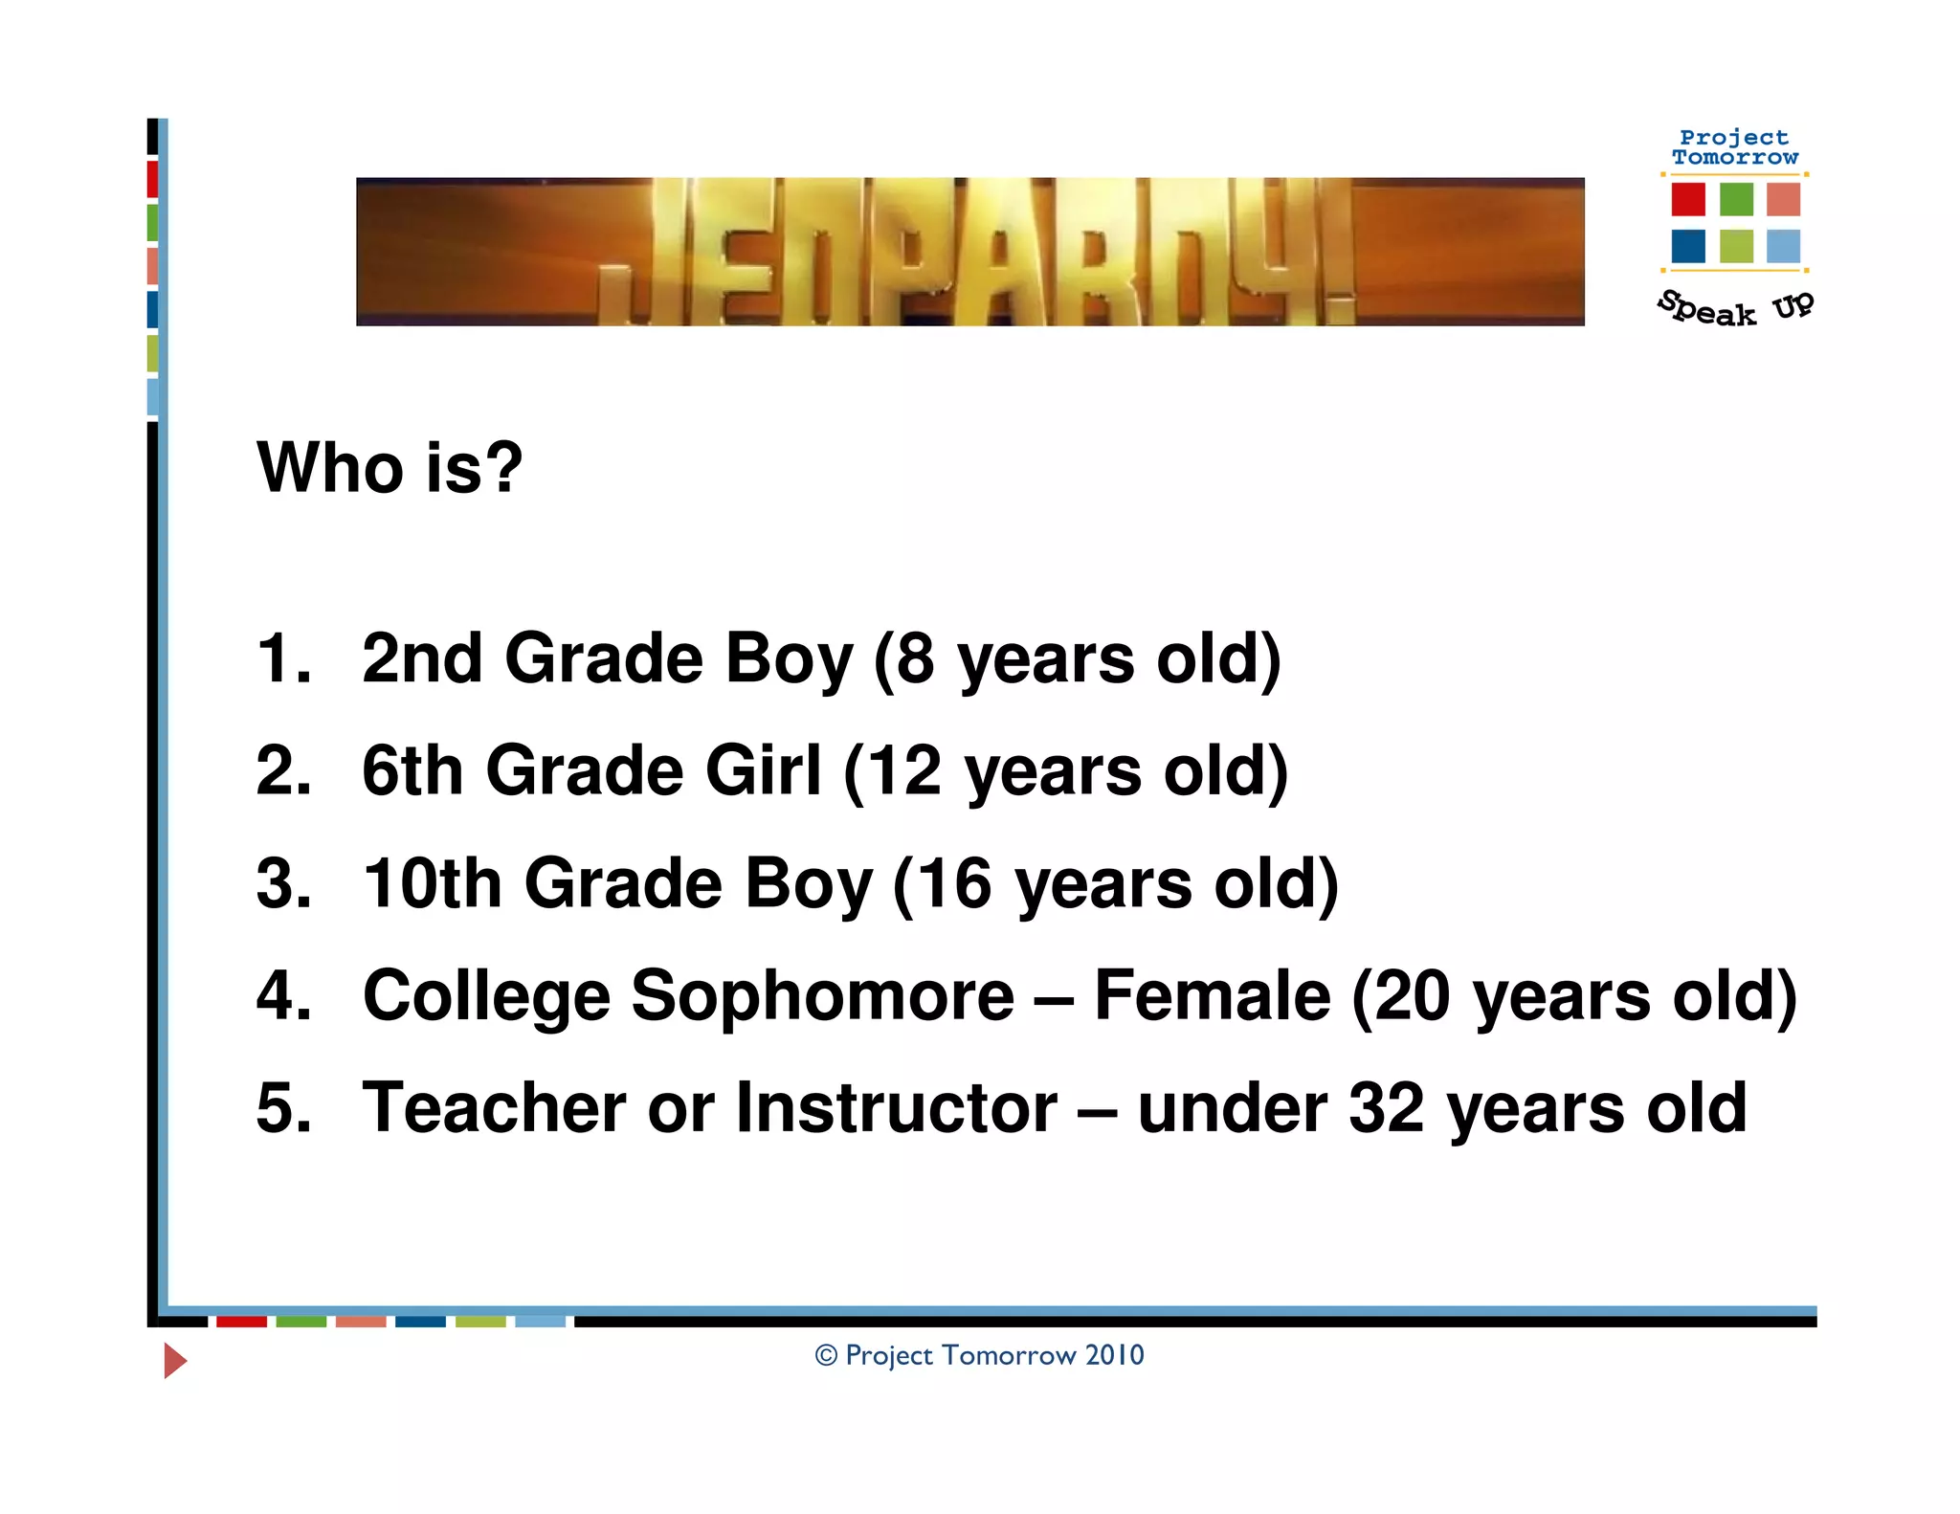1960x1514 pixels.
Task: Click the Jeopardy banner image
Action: click(969, 252)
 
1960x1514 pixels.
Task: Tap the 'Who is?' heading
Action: click(390, 468)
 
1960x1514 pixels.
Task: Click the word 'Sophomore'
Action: click(822, 996)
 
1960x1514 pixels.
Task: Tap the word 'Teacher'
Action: click(494, 1108)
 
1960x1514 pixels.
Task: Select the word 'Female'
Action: click(1212, 996)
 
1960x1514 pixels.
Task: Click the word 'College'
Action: click(486, 996)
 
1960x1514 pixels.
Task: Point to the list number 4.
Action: click(283, 996)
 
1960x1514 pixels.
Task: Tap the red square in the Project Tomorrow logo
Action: click(1688, 199)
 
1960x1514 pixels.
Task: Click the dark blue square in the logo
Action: click(1688, 246)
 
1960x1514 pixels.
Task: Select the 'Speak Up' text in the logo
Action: click(1734, 308)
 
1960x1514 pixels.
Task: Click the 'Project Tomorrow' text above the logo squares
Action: click(1734, 147)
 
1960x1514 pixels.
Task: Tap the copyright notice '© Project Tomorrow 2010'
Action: click(979, 1355)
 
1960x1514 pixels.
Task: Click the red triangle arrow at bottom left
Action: click(174, 1360)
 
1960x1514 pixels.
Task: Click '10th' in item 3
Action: click(432, 883)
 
